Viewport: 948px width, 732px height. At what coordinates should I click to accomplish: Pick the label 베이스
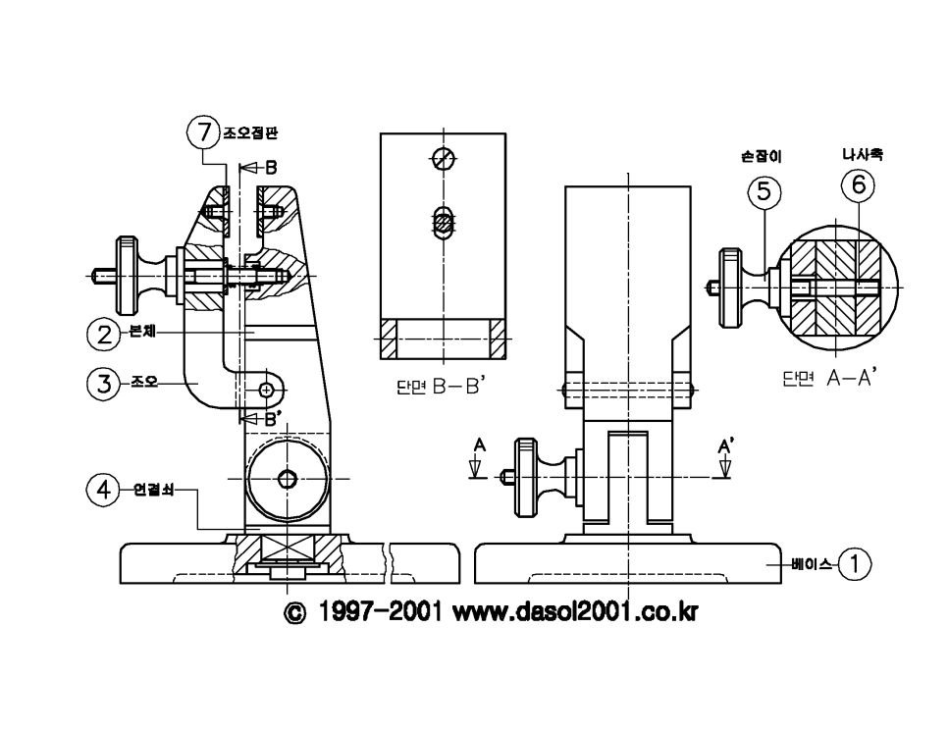tap(812, 564)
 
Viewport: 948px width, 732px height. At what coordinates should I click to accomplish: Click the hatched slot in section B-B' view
tap(444, 222)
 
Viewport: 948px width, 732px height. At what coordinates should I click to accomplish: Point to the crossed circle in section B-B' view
tap(444, 157)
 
